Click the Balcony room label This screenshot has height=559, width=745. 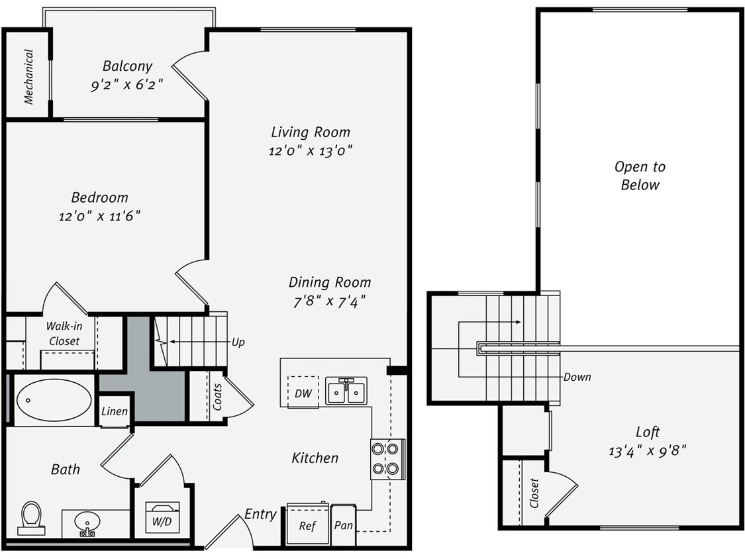(127, 66)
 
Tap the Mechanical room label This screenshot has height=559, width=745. (28, 77)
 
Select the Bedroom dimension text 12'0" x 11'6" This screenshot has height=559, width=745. (99, 216)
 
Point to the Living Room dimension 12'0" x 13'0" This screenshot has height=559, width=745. (310, 150)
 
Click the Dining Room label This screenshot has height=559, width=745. (329, 282)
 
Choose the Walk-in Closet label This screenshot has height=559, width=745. (64, 334)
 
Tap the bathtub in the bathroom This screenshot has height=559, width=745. (54, 399)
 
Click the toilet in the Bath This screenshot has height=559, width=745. (31, 517)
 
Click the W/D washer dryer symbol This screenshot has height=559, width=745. (162, 517)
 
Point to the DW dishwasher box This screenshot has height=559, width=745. (303, 393)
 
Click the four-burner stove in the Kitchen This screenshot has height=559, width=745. (386, 459)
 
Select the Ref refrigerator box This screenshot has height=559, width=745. (307, 526)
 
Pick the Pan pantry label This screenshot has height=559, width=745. (343, 526)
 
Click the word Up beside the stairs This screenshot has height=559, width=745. (238, 342)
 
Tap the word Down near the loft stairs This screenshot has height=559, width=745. (577, 377)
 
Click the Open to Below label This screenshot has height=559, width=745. (640, 176)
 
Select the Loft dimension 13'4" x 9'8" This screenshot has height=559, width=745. (647, 451)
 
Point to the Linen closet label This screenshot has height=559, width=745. (114, 411)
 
